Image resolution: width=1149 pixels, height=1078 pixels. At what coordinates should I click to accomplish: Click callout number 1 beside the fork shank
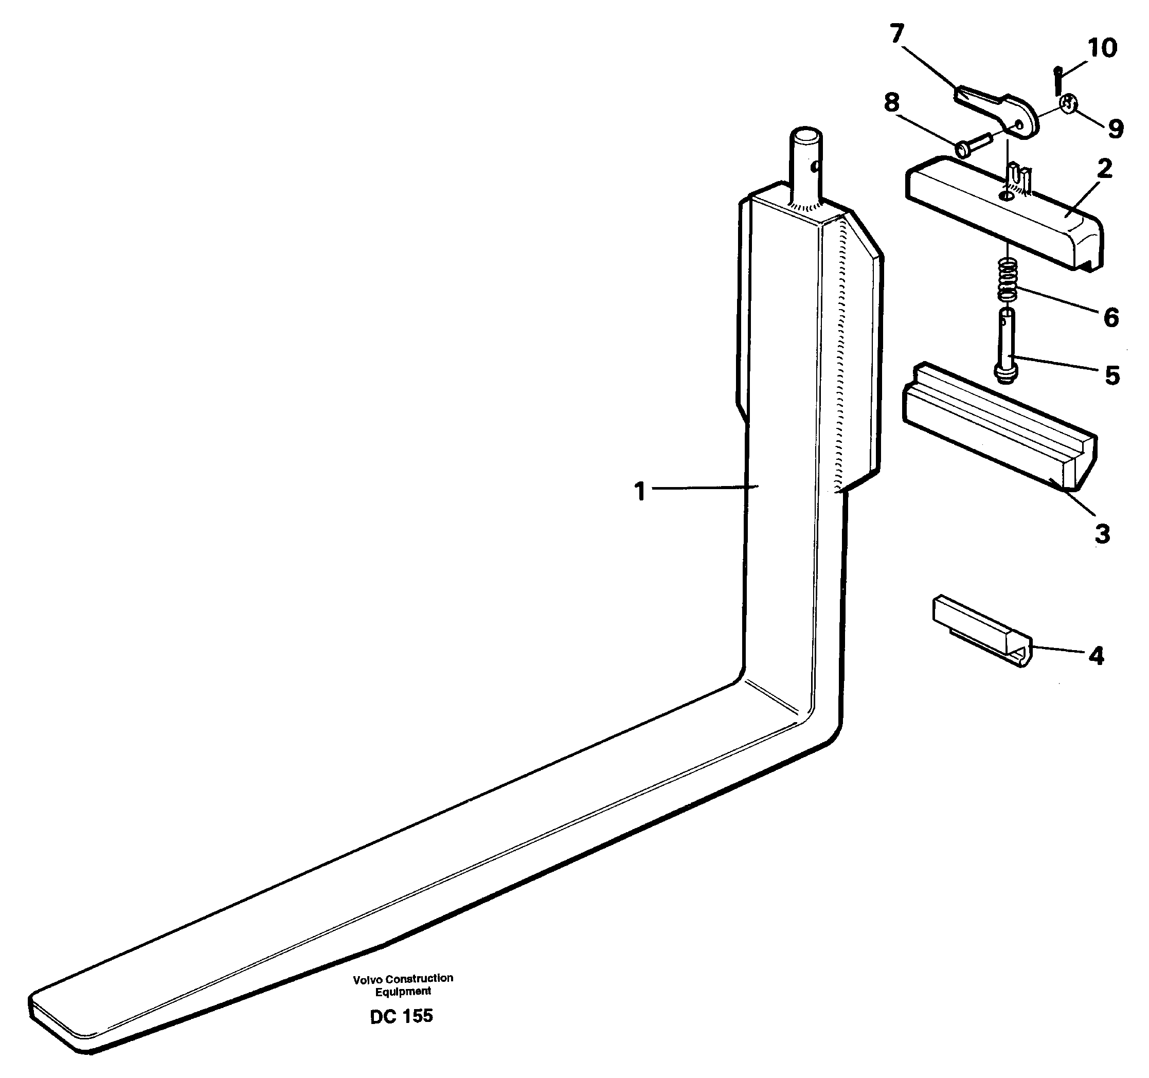639,492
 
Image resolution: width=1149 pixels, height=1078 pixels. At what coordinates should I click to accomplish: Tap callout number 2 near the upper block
1104,169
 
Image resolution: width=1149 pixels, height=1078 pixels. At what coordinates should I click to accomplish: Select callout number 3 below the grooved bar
1102,534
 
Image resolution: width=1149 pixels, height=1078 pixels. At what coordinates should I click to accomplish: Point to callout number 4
1096,656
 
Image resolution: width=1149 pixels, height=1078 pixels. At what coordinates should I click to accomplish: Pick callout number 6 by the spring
1111,317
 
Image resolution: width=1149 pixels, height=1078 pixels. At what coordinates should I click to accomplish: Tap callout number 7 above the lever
896,34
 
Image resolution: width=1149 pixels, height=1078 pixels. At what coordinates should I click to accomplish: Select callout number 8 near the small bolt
892,103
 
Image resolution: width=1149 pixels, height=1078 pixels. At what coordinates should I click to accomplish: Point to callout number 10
1102,48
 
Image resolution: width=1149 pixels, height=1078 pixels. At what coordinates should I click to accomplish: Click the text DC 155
401,1032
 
